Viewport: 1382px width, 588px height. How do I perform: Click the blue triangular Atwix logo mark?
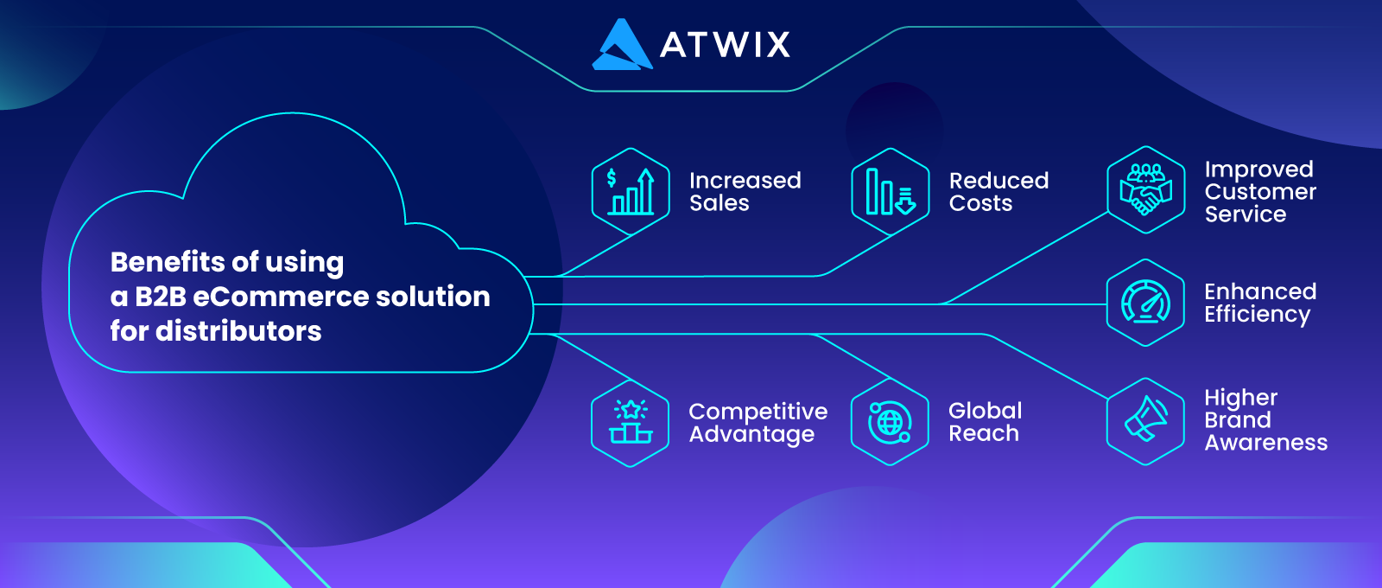pyautogui.click(x=622, y=44)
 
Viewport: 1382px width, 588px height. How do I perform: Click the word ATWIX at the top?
pyautogui.click(x=725, y=44)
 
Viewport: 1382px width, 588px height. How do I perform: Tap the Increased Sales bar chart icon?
pyautogui.click(x=631, y=191)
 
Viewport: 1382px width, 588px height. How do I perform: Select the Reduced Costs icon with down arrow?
pyautogui.click(x=891, y=191)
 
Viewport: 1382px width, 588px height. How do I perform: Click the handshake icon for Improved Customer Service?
pyautogui.click(x=1145, y=189)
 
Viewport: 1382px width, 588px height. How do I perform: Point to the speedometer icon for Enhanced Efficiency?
pyautogui.click(x=1145, y=303)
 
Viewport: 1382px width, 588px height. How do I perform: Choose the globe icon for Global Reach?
pyautogui.click(x=890, y=423)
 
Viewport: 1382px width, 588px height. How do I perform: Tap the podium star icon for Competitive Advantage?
pyautogui.click(x=630, y=423)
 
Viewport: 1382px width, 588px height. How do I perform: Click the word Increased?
pyautogui.click(x=745, y=181)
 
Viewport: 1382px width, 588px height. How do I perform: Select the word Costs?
pyautogui.click(x=981, y=203)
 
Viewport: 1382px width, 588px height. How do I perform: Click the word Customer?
pyautogui.click(x=1260, y=191)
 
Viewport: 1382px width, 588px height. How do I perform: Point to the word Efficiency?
pyautogui.click(x=1258, y=315)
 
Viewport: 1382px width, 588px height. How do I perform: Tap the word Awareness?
pyautogui.click(x=1266, y=442)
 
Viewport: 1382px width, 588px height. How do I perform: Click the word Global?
pyautogui.click(x=986, y=411)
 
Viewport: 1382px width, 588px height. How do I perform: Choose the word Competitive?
pyautogui.click(x=758, y=412)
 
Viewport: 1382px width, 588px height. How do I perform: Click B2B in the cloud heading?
pyautogui.click(x=161, y=297)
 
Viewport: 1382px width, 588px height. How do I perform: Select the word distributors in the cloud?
pyautogui.click(x=238, y=331)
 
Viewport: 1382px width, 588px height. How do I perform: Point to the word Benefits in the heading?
pyautogui.click(x=168, y=262)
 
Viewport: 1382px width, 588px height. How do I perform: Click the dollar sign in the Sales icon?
pyautogui.click(x=612, y=178)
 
